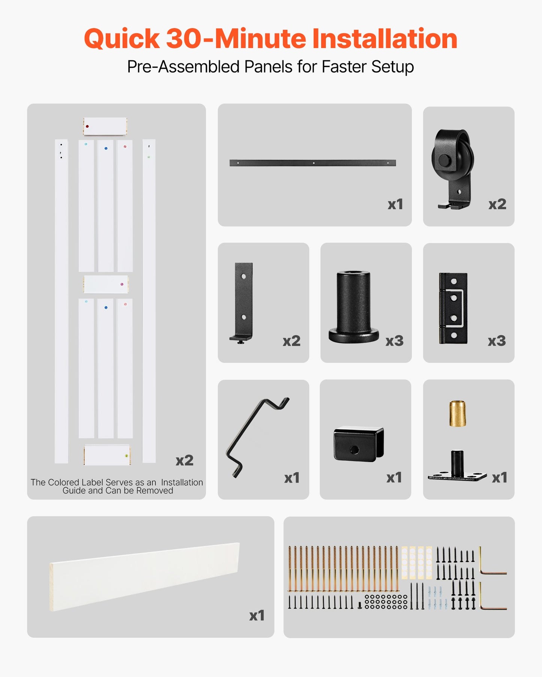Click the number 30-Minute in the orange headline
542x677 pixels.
tap(236, 39)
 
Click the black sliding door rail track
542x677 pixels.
tap(312, 163)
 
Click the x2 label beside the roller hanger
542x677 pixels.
tap(497, 204)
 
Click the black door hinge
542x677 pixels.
tap(453, 308)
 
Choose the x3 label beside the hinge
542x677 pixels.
tap(497, 341)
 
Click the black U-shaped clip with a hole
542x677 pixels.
tap(358, 444)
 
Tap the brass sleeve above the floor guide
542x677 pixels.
tap(458, 413)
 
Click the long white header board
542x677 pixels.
tap(144, 577)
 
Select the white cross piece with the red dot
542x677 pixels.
tap(105, 127)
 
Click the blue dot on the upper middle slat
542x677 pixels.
tap(106, 148)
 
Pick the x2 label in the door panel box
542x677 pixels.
tap(185, 460)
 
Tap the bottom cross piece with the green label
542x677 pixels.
tap(107, 455)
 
